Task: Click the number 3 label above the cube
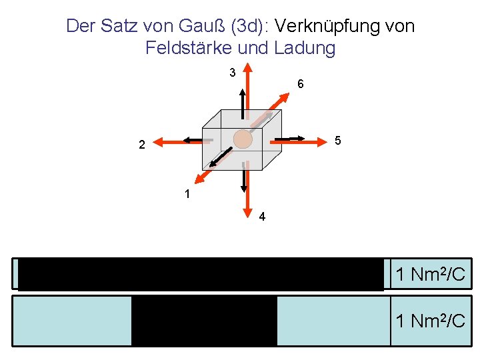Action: [x=232, y=72]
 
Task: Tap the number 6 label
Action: [x=301, y=84]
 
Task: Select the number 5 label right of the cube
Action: [x=338, y=141]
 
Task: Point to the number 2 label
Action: [x=141, y=145]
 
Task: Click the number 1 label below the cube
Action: [x=188, y=195]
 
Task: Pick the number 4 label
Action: [x=262, y=216]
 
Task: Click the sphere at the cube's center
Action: [x=243, y=139]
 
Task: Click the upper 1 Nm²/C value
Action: [x=430, y=274]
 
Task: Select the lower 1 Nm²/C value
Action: [x=430, y=321]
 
